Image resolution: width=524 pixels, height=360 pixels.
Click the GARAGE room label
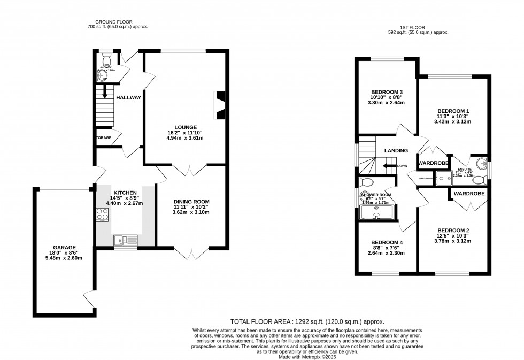[x=64, y=248]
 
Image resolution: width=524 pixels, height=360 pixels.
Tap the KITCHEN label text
[x=125, y=193]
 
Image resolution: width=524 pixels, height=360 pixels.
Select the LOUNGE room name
[x=186, y=127]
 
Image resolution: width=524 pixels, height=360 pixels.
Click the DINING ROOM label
[x=191, y=202]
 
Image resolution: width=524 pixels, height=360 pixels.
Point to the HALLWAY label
[x=129, y=97]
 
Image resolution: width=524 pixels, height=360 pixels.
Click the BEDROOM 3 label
[x=387, y=92]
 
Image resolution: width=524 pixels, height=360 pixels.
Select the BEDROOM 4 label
[x=387, y=242]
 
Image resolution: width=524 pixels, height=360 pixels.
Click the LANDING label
[x=396, y=151]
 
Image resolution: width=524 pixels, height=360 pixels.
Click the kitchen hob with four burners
[x=102, y=215]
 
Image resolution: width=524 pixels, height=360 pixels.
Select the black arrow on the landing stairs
[x=389, y=166]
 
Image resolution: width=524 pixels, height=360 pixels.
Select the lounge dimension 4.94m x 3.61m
[x=186, y=138]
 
